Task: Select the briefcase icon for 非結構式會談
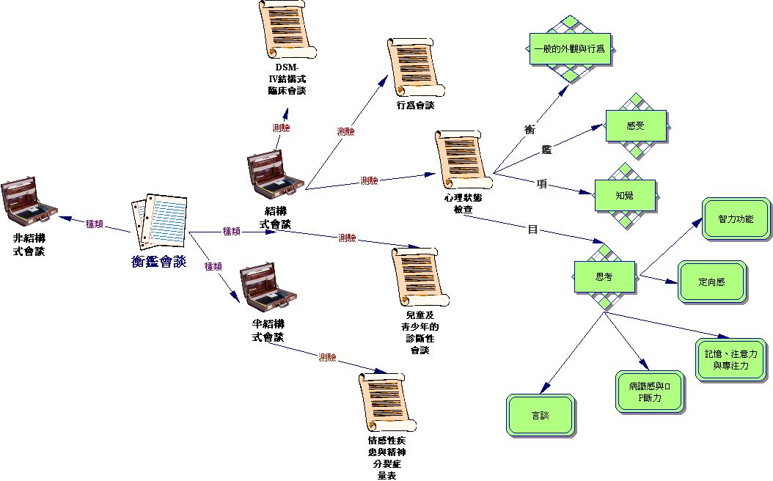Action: (x=29, y=201)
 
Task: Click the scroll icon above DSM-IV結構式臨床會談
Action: (x=286, y=30)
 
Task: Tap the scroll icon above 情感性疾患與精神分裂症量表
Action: (x=386, y=402)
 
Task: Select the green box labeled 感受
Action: (x=635, y=125)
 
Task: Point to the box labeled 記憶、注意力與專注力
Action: (x=730, y=359)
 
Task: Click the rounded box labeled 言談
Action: (x=541, y=415)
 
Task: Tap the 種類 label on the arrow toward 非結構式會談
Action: (x=95, y=224)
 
